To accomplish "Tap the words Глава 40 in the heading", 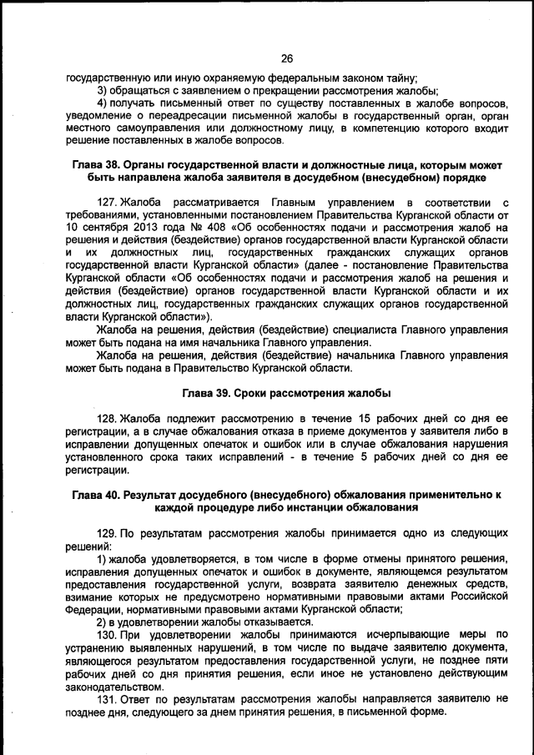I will point(97,495).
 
